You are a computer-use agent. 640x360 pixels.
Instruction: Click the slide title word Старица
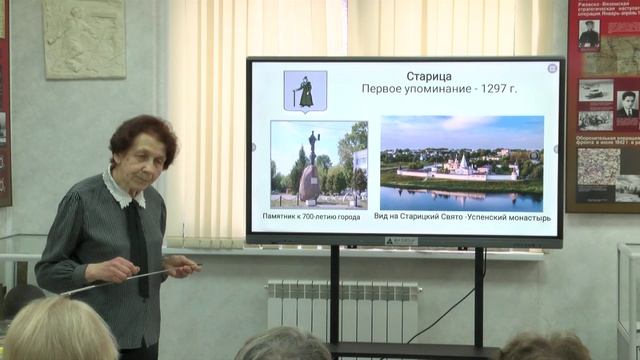point(402,76)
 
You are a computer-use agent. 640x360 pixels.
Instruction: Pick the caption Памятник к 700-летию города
point(318,216)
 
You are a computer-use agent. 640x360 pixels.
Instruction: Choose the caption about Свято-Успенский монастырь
point(462,216)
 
